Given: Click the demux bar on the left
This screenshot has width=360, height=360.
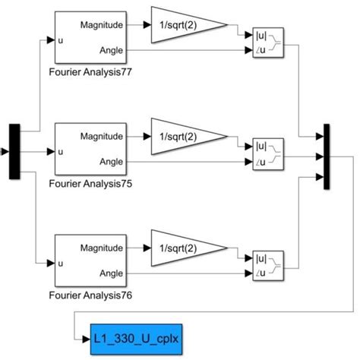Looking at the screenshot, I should pos(14,151).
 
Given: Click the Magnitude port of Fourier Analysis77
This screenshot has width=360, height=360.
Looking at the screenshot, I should pos(101,24).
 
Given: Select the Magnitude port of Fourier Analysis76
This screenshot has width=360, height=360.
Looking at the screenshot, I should pos(101,247).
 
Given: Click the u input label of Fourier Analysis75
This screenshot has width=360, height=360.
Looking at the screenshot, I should pos(62,150).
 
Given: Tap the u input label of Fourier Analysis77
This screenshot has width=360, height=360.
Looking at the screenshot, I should pos(62,39).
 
